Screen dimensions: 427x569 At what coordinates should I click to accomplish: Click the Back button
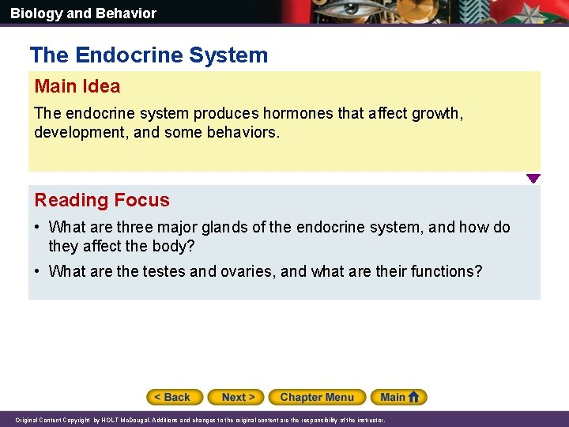175,397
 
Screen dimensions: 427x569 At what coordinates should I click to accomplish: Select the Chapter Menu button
317,397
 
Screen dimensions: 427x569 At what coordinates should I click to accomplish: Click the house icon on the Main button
416,397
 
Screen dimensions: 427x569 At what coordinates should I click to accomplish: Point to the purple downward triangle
533,179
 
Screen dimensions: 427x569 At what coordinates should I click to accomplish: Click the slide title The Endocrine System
149,55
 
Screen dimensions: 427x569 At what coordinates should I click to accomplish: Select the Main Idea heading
77,86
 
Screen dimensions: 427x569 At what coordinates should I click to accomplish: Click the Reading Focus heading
102,200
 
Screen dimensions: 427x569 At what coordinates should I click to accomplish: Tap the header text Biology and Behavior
83,13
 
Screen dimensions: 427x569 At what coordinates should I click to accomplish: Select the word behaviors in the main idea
243,132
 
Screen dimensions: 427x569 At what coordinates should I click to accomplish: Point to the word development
77,132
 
